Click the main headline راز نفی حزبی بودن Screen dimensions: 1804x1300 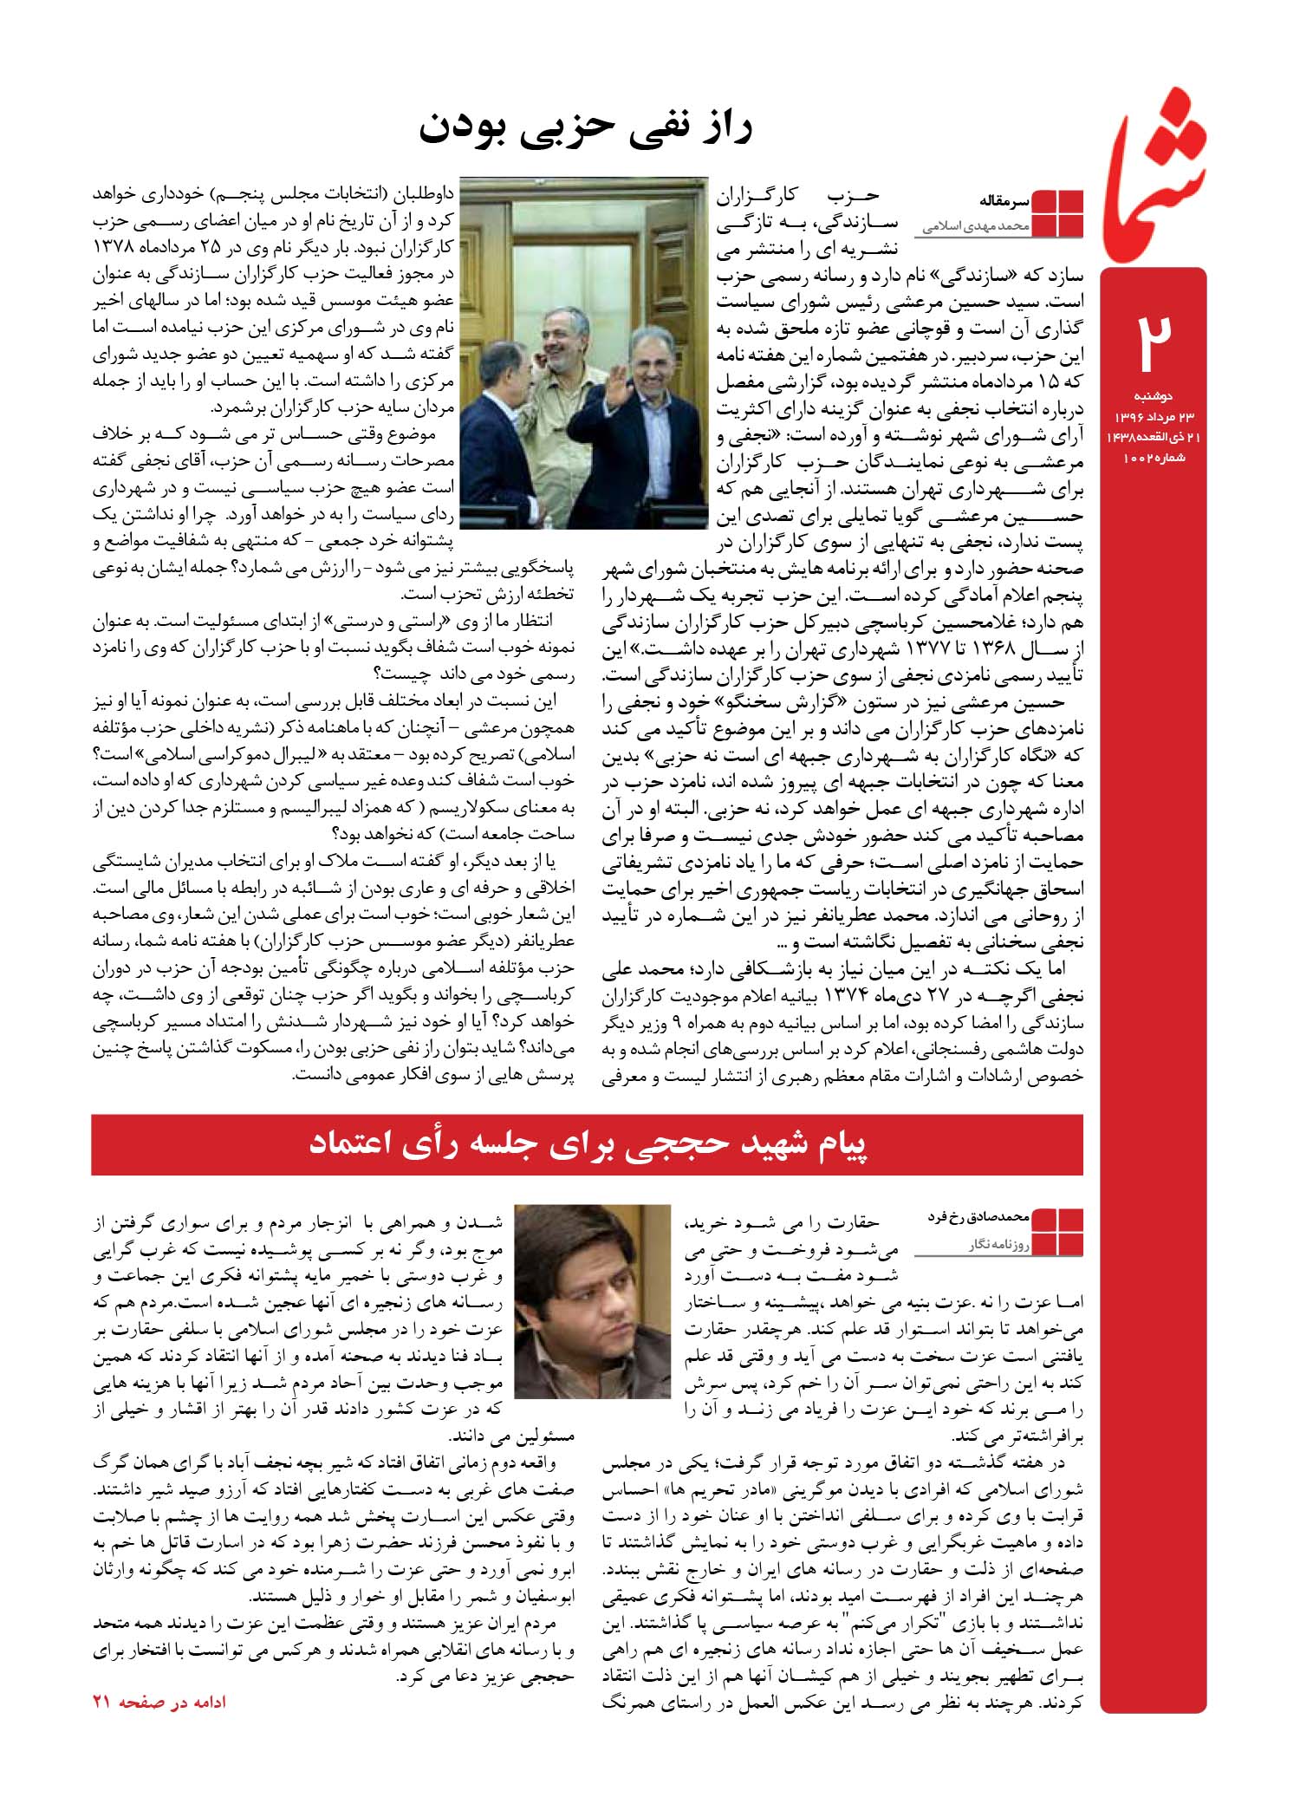coord(586,128)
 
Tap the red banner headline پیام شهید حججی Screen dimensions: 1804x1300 coord(588,1144)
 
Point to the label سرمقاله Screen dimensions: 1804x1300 coord(1004,200)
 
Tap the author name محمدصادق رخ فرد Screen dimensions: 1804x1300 coord(978,1217)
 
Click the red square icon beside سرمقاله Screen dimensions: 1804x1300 coord(1057,212)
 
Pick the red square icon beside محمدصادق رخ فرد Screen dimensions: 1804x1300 coord(1057,1231)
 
